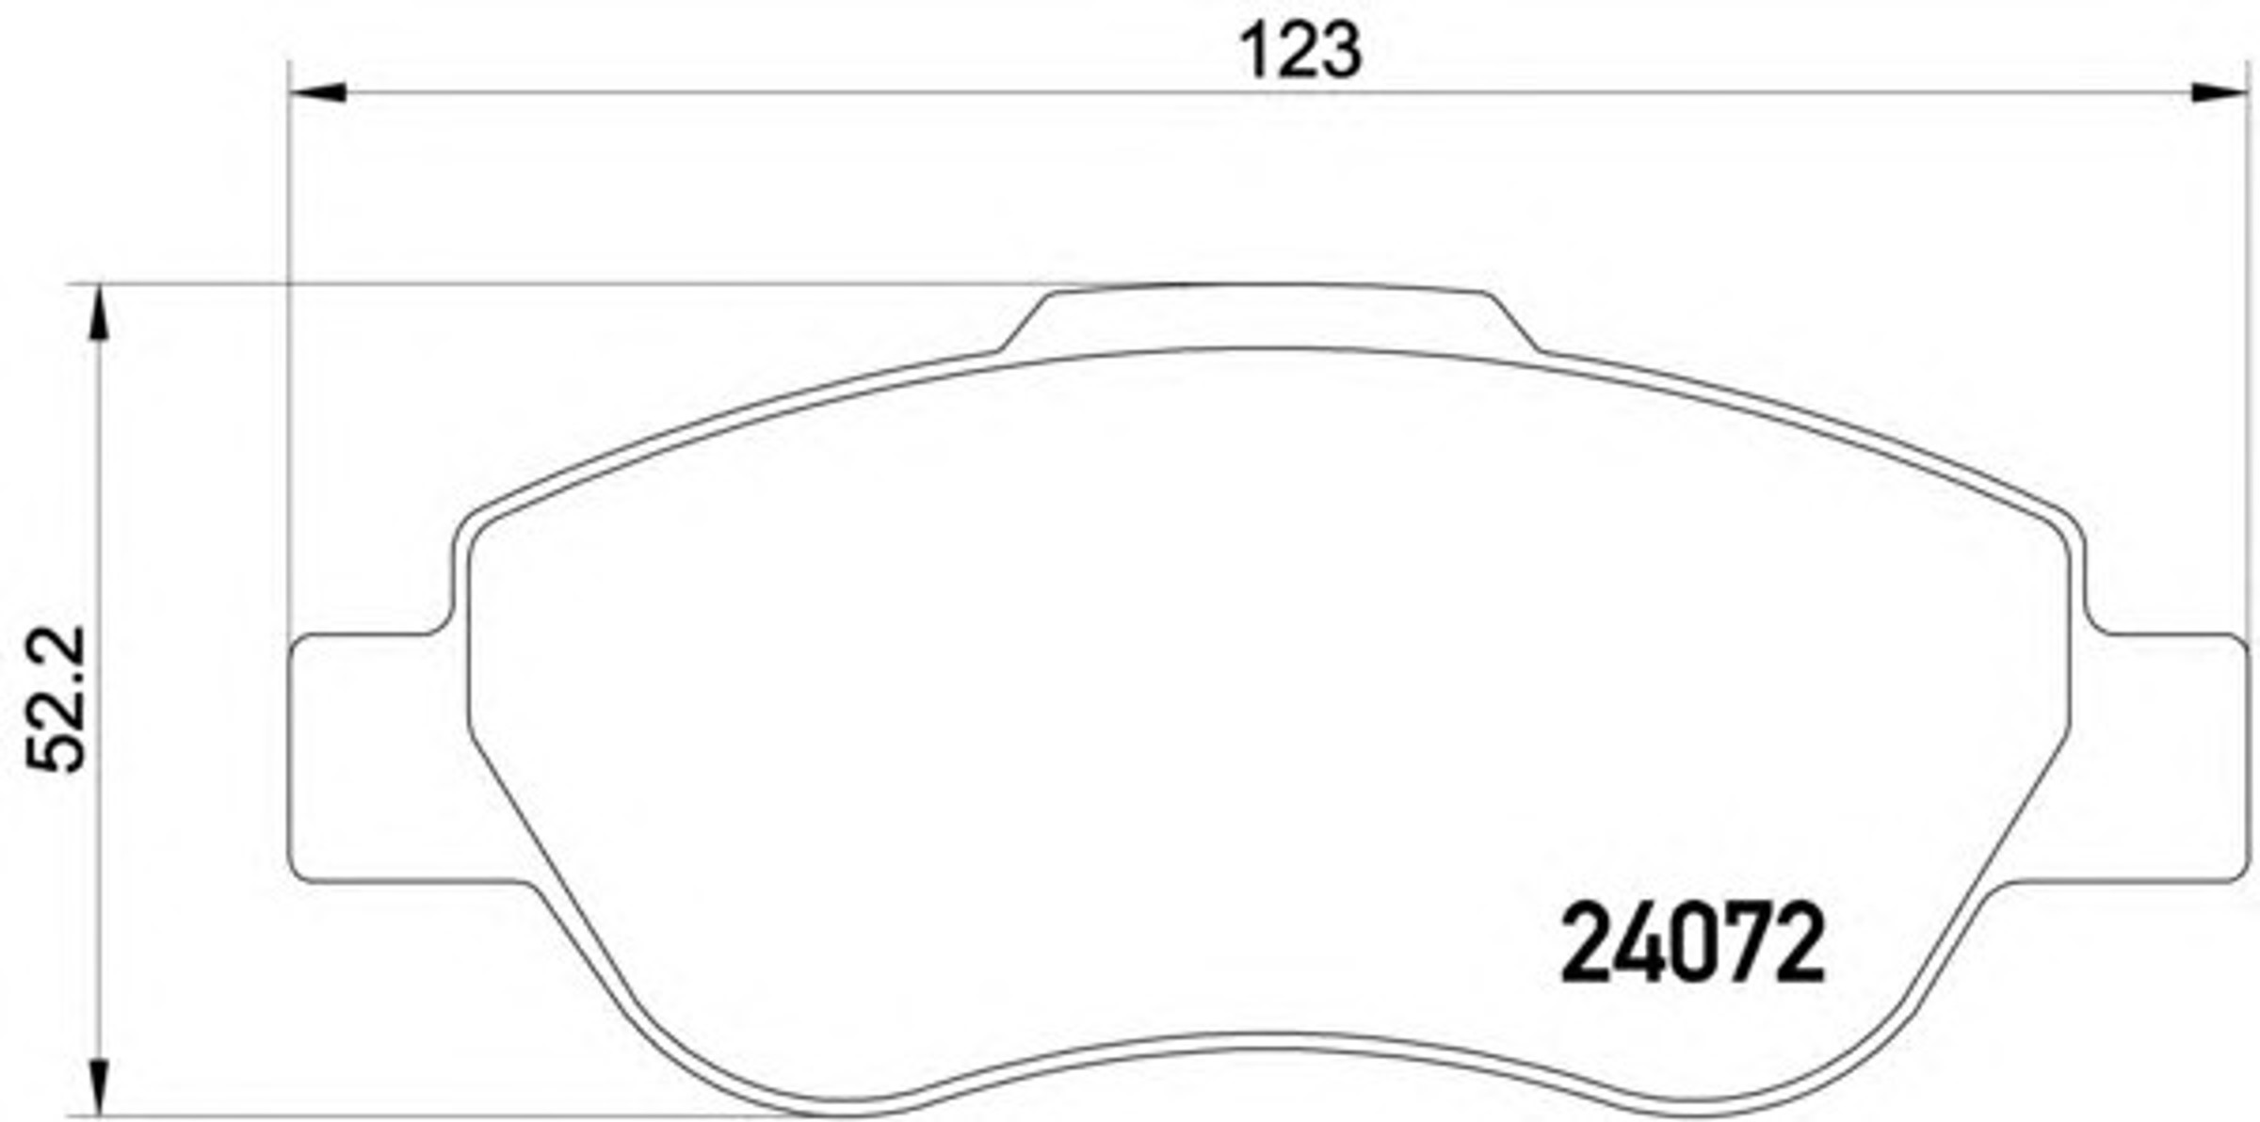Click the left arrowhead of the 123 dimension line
tap(316, 92)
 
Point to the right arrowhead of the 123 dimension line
tap(2219, 92)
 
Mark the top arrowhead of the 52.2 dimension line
tap(99, 312)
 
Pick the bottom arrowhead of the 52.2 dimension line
tap(99, 1087)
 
